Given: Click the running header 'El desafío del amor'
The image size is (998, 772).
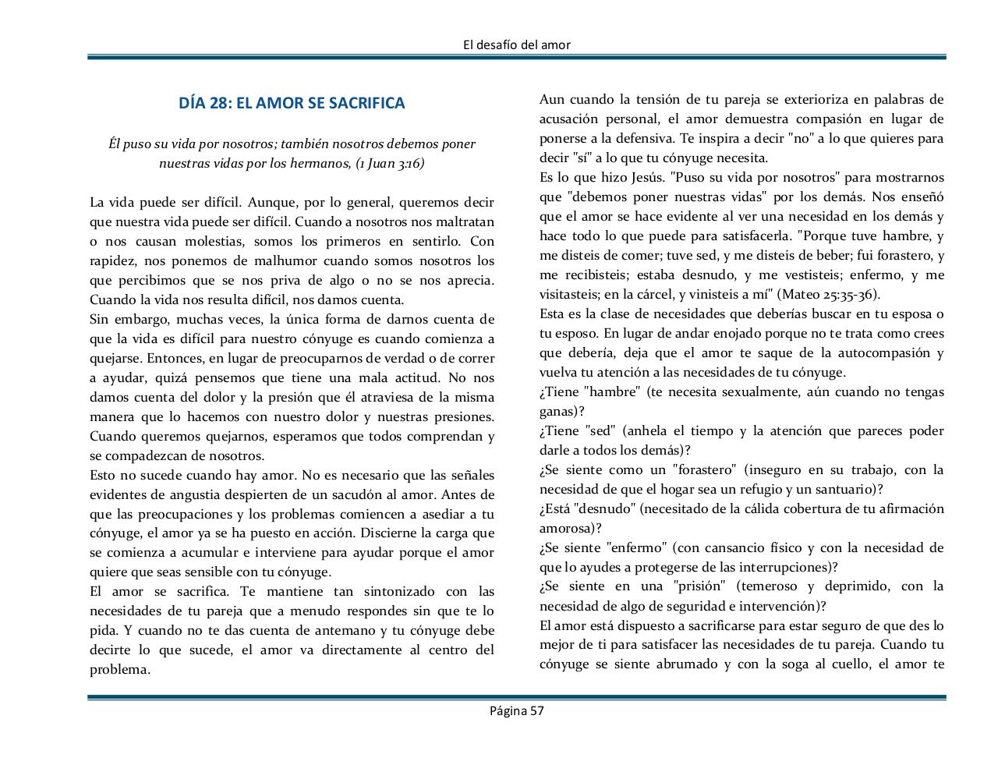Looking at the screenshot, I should coord(516,45).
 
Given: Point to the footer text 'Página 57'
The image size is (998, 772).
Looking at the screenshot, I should coord(516,710).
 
